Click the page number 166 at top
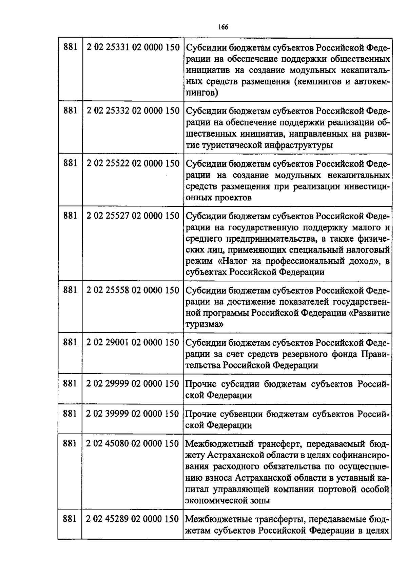(x=223, y=27)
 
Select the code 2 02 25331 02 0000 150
(x=133, y=47)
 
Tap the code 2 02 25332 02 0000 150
(x=133, y=111)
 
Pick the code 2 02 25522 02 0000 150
(x=133, y=163)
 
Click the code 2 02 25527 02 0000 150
(x=133, y=216)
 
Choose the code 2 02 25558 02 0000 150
(x=133, y=290)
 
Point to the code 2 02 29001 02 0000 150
(x=133, y=343)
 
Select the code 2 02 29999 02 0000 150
(x=133, y=384)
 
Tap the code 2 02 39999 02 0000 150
(x=133, y=414)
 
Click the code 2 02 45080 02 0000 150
(x=133, y=444)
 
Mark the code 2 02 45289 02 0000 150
(x=133, y=519)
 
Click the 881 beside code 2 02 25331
(x=70, y=47)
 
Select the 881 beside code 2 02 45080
(x=70, y=444)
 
